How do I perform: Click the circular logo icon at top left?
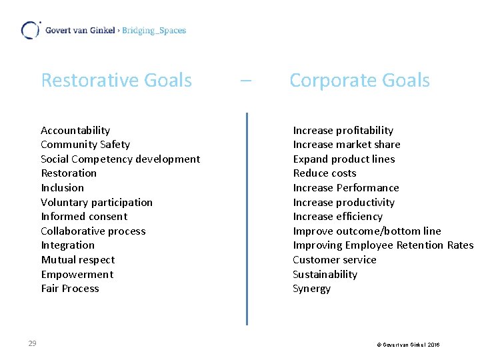pos(30,30)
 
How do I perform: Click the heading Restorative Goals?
pos(116,81)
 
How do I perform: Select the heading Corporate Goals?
pos(359,81)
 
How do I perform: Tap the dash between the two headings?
pos(245,81)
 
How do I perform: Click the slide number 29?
pos(32,343)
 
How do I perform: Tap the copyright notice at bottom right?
pos(408,345)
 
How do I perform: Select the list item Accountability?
pos(75,131)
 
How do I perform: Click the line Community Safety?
pos(85,145)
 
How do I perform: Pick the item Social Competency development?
pos(120,159)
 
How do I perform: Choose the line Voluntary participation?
pos(97,203)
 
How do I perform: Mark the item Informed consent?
pos(84,217)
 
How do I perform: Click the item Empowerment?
pos(77,275)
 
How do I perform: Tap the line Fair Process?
pos(70,289)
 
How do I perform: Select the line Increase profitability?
pos(343,131)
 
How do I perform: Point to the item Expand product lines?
pos(344,159)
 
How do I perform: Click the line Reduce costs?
pos(325,173)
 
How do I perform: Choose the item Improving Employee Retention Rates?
pos(383,245)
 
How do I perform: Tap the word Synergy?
pos(311,289)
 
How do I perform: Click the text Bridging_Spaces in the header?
pos(154,31)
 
